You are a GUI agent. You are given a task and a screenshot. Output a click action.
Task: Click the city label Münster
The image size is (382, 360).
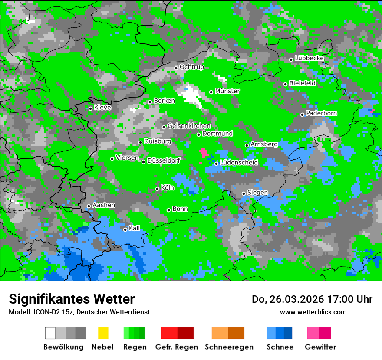click(x=227, y=91)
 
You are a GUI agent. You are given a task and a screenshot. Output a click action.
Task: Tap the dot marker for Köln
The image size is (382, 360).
click(x=157, y=189)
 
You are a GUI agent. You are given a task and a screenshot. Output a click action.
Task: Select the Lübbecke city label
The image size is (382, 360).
click(x=310, y=58)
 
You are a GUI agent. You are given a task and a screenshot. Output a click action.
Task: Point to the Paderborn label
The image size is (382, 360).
click(x=322, y=113)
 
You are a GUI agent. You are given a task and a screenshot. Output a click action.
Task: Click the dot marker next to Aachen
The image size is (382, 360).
click(x=89, y=206)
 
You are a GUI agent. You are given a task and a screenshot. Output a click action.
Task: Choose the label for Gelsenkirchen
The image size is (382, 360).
click(x=189, y=126)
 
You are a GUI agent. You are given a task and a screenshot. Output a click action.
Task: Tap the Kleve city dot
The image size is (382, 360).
click(x=90, y=108)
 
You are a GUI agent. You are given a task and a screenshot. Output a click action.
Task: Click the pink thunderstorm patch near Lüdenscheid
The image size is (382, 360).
click(x=203, y=152)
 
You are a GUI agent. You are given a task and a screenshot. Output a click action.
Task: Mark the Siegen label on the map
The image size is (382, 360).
click(x=257, y=193)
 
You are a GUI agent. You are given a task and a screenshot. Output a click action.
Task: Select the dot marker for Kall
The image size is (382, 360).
click(x=125, y=229)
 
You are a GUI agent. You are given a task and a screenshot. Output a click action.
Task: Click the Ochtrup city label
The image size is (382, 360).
click(x=192, y=67)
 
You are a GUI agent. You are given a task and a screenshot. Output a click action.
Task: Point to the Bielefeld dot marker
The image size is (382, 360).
click(x=285, y=84)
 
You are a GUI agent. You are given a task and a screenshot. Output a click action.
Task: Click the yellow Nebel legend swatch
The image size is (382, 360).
click(x=103, y=333)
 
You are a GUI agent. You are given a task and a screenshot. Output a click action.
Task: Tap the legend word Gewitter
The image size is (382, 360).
click(x=320, y=347)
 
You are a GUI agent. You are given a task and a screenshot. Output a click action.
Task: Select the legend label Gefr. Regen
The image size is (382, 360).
click(x=177, y=347)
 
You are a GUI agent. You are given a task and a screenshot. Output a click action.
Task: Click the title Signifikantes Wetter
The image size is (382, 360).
click(x=72, y=299)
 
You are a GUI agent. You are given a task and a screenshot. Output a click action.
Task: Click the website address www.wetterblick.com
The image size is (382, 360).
click(x=313, y=312)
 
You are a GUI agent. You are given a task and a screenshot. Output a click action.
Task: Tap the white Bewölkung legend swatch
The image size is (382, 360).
click(x=50, y=333)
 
